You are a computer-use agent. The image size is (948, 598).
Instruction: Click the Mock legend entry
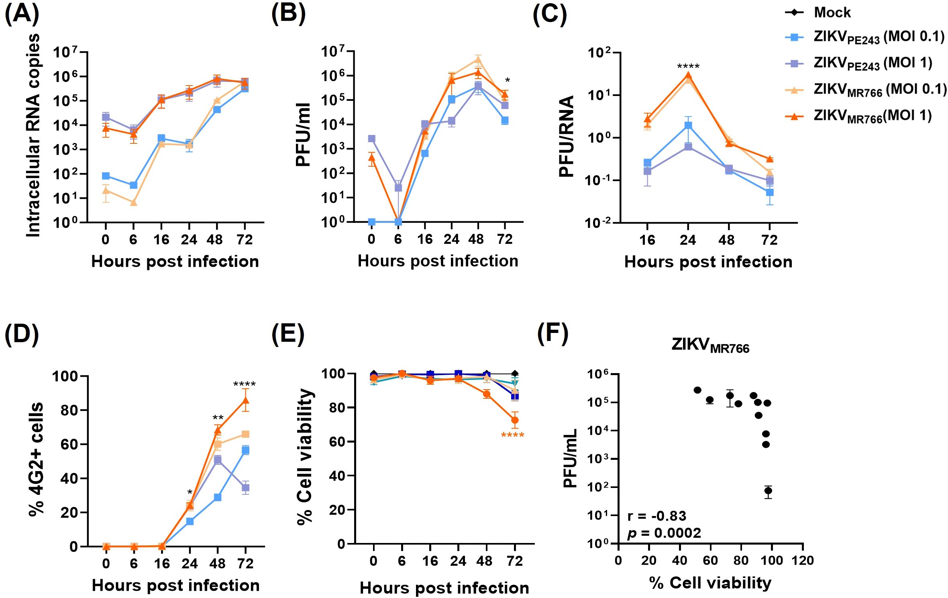coord(832,12)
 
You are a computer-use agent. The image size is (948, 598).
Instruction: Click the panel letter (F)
coord(552,333)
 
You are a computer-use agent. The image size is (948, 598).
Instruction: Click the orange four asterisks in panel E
coord(512,435)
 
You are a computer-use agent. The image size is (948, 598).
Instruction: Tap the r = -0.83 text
coord(656,516)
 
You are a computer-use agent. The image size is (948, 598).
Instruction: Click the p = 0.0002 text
coord(664,533)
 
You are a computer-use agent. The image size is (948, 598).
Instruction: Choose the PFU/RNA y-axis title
coord(566,137)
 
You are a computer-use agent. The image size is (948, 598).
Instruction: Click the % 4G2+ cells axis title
coord(36,459)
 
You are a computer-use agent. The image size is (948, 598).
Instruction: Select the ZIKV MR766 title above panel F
coord(710,345)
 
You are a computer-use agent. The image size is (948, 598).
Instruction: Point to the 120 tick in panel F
coord(802,560)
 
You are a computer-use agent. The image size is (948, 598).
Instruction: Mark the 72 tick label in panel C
coord(769,240)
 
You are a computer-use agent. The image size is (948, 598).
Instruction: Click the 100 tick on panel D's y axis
coord(65,376)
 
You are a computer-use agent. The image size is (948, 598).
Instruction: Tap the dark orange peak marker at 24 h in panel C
coord(688,76)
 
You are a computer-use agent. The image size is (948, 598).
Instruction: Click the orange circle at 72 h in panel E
coord(514,420)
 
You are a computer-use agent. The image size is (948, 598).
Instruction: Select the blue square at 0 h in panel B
coord(371,222)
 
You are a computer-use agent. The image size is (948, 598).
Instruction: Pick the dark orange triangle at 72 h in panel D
coord(245,400)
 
